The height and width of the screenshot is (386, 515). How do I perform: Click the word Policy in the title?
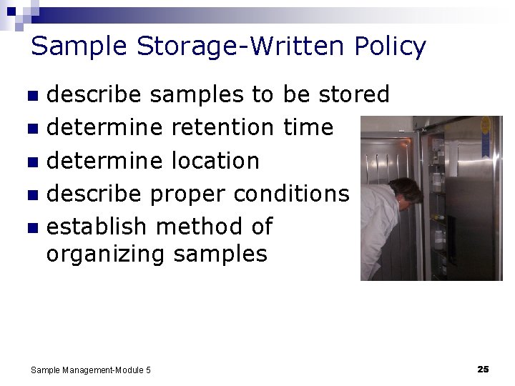[390, 46]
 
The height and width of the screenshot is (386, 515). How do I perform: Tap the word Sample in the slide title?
[79, 46]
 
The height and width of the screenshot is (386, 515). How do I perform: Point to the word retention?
[222, 127]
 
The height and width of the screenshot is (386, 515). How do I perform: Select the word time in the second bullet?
[308, 127]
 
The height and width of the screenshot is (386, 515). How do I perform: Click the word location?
[215, 160]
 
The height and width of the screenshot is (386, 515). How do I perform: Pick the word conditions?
[291, 193]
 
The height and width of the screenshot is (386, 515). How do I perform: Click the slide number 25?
[483, 369]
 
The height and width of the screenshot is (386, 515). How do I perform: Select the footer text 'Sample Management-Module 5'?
[91, 370]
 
